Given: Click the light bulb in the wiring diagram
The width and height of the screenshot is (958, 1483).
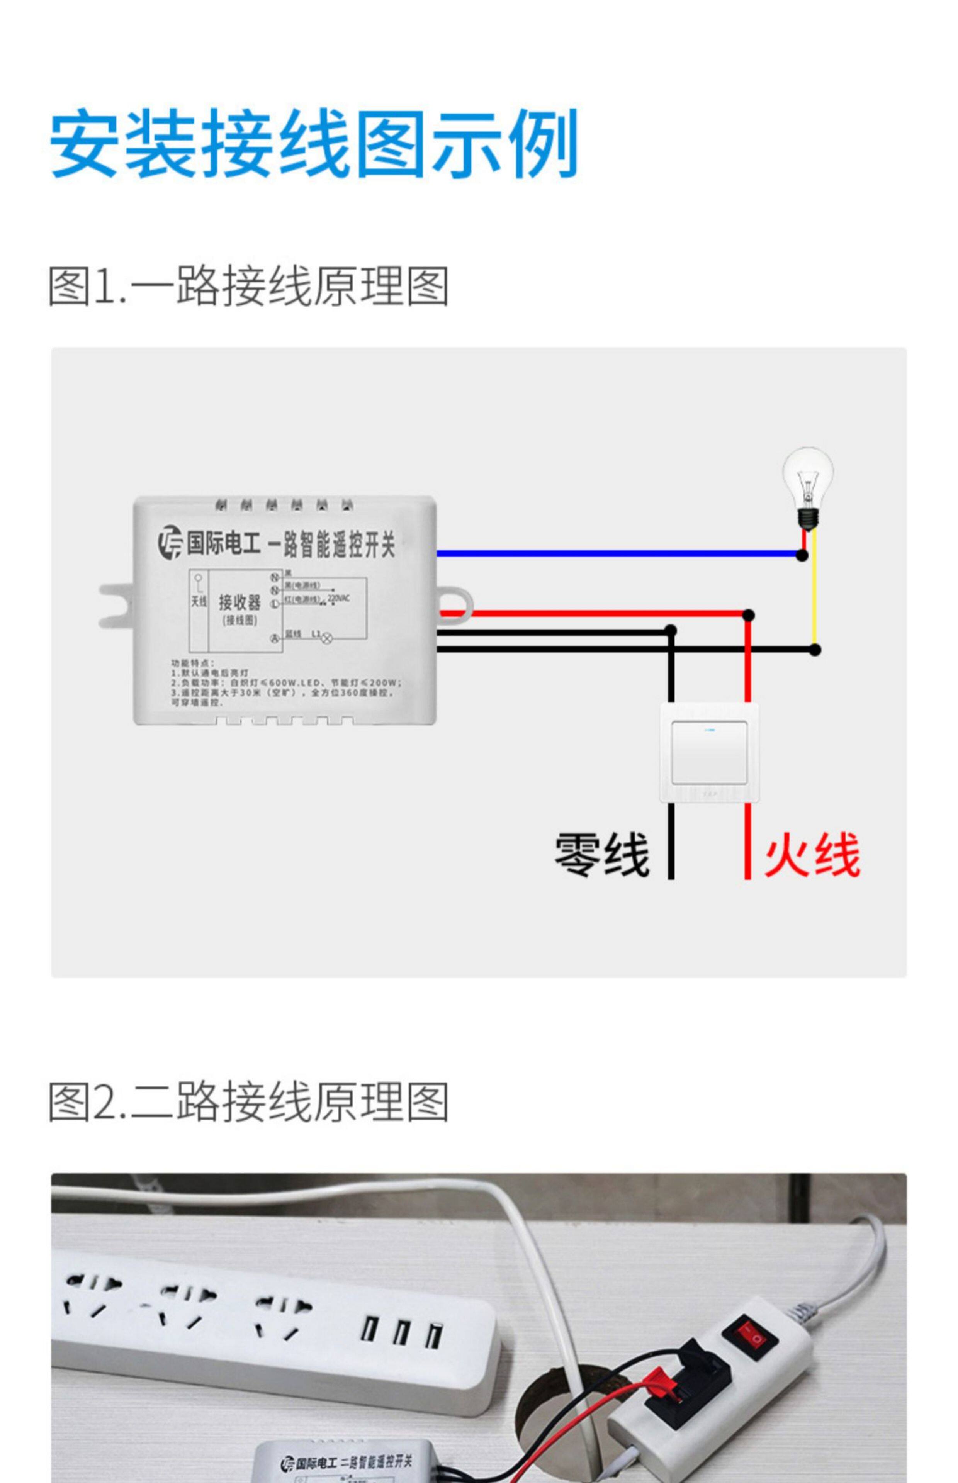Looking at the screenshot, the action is (807, 485).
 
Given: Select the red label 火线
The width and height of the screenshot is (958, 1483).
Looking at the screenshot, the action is (812, 855).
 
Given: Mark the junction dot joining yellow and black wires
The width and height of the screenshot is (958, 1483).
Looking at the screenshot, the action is (815, 650).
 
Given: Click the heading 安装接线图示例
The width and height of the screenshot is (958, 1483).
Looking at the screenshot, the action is (314, 144).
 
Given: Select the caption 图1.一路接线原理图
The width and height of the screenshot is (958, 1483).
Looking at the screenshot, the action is (249, 287).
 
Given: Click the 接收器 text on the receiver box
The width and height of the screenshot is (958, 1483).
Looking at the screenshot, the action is (239, 602).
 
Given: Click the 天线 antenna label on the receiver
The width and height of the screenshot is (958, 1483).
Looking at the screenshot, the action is (199, 601).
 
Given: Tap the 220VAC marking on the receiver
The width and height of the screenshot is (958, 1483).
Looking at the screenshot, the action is (338, 598).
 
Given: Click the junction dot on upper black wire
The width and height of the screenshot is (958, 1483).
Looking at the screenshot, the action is (671, 631).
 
